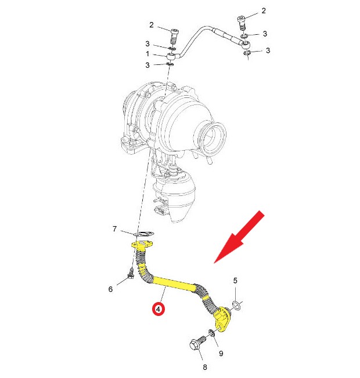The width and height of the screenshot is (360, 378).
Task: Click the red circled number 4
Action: point(158,309)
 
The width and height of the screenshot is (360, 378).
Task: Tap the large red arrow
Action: point(239,237)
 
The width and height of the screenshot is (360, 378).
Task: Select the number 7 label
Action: point(115,228)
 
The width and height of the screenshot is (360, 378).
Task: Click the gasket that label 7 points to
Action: point(145,234)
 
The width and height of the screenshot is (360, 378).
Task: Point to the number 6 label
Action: point(110,289)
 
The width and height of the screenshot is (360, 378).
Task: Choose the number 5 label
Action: point(235,281)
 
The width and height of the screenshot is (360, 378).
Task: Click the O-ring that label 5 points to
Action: point(236,305)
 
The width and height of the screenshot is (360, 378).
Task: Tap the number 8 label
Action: point(205,367)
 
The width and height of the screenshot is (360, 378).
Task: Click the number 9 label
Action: point(221,354)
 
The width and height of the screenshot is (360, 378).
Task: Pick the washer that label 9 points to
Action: point(211,333)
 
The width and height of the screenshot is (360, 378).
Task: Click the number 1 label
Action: point(147,53)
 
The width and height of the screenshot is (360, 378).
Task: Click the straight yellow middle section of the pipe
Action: point(174,283)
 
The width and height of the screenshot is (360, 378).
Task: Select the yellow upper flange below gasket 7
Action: point(142,245)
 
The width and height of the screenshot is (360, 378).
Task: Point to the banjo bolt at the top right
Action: point(242,23)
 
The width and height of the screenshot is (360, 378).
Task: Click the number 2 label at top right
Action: point(264,10)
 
